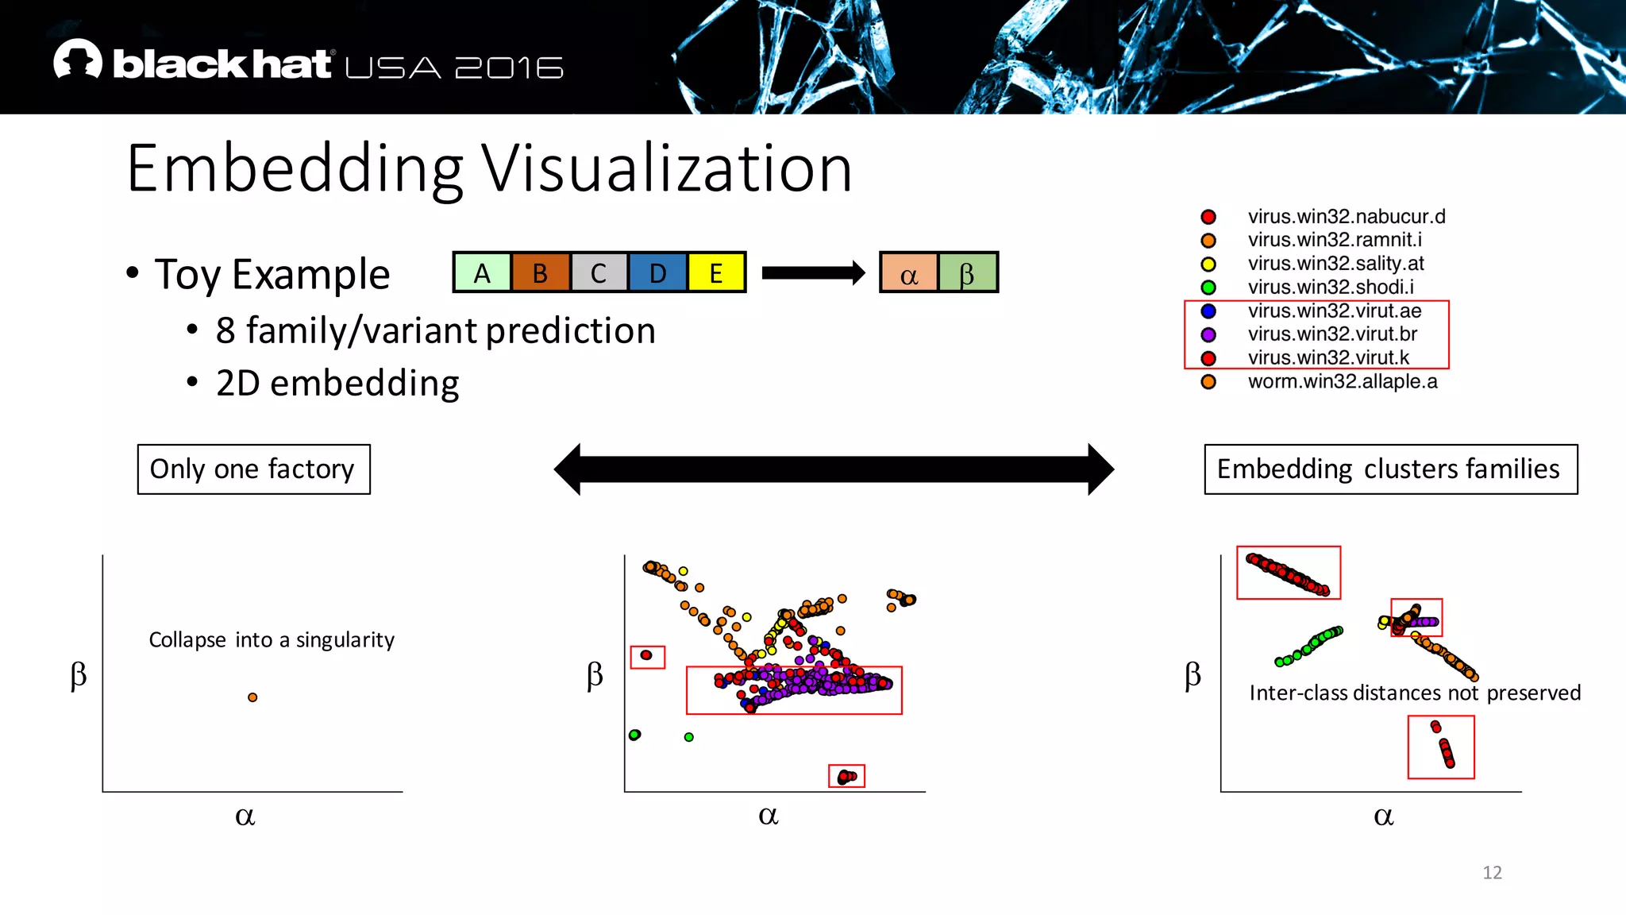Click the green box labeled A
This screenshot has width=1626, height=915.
[x=482, y=273]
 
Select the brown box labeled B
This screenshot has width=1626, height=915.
[x=541, y=273]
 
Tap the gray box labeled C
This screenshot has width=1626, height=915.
[x=599, y=273]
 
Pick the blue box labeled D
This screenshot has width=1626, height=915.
[x=657, y=273]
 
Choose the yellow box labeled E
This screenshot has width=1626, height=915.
[x=716, y=273]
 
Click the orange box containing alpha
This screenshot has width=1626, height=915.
[x=909, y=273]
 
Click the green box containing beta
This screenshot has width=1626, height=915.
[x=967, y=273]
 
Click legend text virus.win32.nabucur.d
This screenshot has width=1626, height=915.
[x=1346, y=217]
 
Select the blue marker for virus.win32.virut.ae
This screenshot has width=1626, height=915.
[x=1208, y=311]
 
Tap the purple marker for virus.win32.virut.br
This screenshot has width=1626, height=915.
[x=1208, y=335]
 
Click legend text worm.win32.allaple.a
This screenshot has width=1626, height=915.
[x=1342, y=382]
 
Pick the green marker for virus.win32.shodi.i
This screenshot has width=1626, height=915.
[x=1208, y=288]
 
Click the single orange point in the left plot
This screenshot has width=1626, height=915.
[x=252, y=697]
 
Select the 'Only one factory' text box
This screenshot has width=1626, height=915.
[x=253, y=469]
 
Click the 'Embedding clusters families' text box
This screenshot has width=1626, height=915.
[x=1390, y=469]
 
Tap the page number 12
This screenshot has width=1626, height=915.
[x=1492, y=873]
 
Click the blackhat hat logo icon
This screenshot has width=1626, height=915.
[x=78, y=60]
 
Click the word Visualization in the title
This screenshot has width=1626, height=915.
[x=667, y=168]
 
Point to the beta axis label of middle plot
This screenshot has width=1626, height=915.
[x=595, y=676]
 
